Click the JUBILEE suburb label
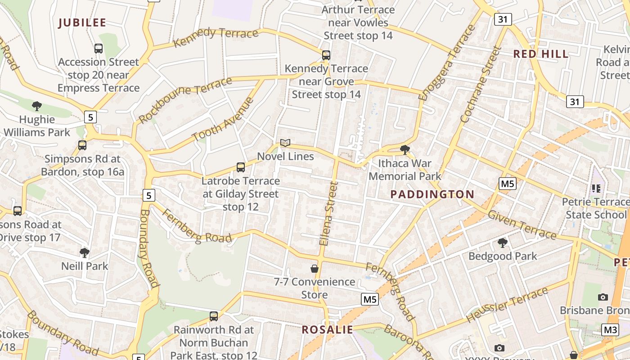[82, 23]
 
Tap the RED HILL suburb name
[541, 54]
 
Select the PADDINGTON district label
[432, 194]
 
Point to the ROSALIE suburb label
[327, 329]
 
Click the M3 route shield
[610, 330]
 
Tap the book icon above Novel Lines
[285, 143]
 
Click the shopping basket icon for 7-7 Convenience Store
[315, 269]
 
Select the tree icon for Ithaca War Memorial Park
[405, 150]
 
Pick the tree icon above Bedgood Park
[503, 243]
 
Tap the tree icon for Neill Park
[85, 252]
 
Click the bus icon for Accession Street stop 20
[99, 48]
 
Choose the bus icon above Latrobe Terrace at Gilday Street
[241, 167]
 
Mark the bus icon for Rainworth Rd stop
[214, 316]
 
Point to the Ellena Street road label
[328, 213]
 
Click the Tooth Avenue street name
[223, 119]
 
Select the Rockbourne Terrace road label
[185, 100]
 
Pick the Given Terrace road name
[522, 225]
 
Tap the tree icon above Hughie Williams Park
[37, 106]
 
